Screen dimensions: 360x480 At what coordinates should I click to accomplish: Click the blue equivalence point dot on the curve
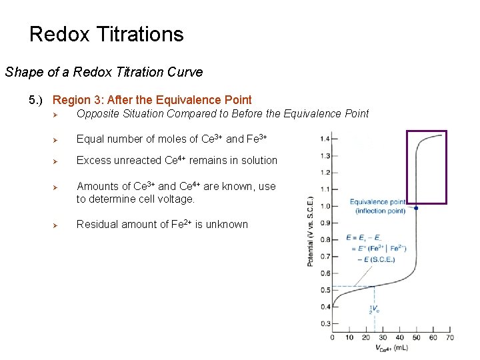[416, 208]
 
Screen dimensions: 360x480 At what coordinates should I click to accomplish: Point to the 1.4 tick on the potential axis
[325, 139]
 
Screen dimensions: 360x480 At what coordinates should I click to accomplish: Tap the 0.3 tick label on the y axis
[325, 323]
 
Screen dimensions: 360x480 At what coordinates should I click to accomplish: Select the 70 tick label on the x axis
[450, 337]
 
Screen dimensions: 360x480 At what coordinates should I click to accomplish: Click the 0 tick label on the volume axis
[333, 337]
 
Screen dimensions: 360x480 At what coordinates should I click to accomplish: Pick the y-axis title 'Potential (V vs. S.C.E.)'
[311, 231]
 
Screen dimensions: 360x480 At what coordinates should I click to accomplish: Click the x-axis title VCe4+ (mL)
[393, 348]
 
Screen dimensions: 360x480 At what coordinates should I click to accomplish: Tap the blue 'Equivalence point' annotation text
[378, 202]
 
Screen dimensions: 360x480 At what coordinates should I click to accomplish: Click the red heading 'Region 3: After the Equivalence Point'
[152, 100]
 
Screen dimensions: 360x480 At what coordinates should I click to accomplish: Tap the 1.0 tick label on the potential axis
[325, 206]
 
